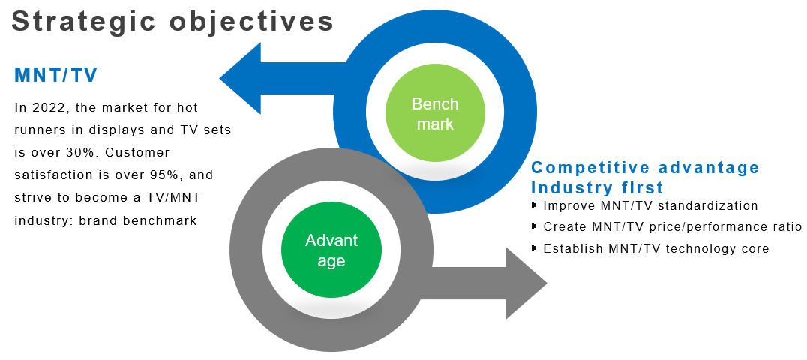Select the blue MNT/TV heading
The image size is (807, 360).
coord(56,76)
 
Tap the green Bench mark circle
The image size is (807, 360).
coord(435,114)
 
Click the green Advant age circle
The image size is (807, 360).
coord(331,250)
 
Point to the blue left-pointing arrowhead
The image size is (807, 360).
coord(240,78)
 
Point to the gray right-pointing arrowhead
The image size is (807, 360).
coord(526,283)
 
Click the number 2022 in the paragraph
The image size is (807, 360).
coord(52,108)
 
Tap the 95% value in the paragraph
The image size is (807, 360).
coord(166,175)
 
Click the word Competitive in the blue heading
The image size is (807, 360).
coord(589,168)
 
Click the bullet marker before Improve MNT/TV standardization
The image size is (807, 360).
coord(534,205)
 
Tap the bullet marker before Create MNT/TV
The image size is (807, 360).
coord(534,226)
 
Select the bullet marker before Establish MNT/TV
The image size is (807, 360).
coord(534,248)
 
